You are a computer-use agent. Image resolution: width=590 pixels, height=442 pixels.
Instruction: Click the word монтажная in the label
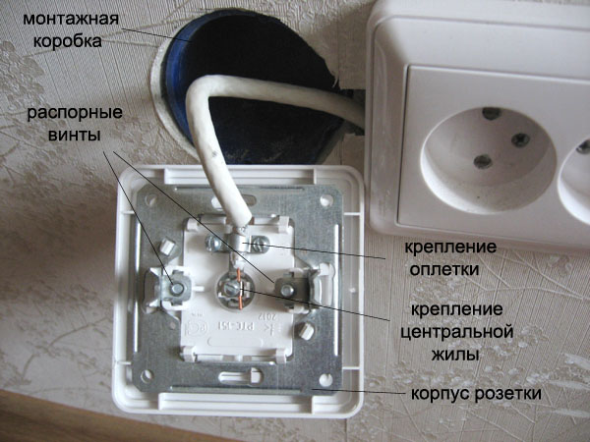[71, 19]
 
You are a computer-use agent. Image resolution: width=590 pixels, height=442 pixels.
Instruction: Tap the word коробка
[68, 41]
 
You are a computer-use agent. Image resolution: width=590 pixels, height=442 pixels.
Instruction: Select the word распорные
[75, 114]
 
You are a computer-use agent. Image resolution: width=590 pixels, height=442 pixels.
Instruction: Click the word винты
[75, 135]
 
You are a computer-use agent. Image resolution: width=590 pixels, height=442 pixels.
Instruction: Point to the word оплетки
[444, 269]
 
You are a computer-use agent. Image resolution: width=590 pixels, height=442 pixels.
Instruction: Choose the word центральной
[457, 332]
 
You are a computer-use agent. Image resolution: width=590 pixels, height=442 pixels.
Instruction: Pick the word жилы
[455, 354]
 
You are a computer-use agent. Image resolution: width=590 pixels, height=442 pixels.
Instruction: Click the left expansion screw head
[176, 288]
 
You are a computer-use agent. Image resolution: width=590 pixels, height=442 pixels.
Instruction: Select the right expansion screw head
[288, 289]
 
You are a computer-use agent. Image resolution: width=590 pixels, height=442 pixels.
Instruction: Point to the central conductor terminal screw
[229, 289]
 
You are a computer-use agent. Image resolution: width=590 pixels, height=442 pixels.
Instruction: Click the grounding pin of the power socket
[492, 114]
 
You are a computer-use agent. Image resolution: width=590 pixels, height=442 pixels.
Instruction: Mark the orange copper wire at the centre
[240, 289]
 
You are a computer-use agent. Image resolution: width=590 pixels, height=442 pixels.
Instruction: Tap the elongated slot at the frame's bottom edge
[241, 375]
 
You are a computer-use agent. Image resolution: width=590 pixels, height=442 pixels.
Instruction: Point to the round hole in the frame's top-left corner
[150, 199]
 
